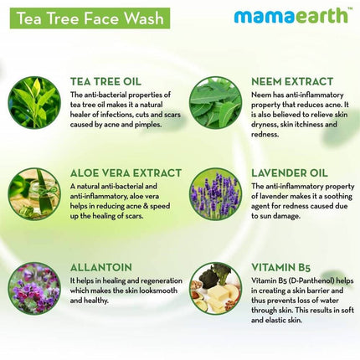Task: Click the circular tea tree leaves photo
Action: point(34,102)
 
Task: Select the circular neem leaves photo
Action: point(216,102)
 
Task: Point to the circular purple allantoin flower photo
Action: point(34,288)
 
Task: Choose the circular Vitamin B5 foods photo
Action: point(216,288)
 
